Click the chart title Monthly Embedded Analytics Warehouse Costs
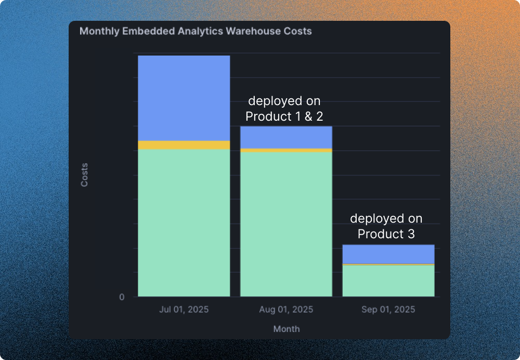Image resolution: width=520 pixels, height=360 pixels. point(196,31)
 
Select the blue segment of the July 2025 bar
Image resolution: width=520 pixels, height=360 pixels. point(184,98)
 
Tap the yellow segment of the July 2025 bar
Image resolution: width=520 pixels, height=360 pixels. point(184,145)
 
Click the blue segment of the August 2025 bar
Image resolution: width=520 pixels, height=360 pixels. point(286,137)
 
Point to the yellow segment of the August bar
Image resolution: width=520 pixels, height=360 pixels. point(286,150)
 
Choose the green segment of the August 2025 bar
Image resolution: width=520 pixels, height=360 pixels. point(286,224)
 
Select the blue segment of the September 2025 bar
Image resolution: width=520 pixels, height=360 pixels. point(388,254)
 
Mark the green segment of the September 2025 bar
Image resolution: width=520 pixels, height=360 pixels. point(388,281)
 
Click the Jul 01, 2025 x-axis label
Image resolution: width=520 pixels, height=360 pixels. point(184,310)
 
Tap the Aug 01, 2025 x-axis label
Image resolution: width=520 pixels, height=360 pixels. point(286,310)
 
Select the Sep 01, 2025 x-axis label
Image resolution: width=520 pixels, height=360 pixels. point(388,310)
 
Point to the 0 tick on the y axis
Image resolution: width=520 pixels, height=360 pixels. point(122,297)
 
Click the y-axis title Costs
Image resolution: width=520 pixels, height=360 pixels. point(84,175)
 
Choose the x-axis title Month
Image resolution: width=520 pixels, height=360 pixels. point(286,329)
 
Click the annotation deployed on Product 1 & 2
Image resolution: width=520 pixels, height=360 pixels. point(284,108)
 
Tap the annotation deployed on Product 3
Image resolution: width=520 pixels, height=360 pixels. point(386,226)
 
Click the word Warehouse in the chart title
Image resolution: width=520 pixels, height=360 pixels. point(251,31)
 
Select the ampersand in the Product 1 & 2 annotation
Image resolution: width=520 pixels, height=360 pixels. point(308,117)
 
